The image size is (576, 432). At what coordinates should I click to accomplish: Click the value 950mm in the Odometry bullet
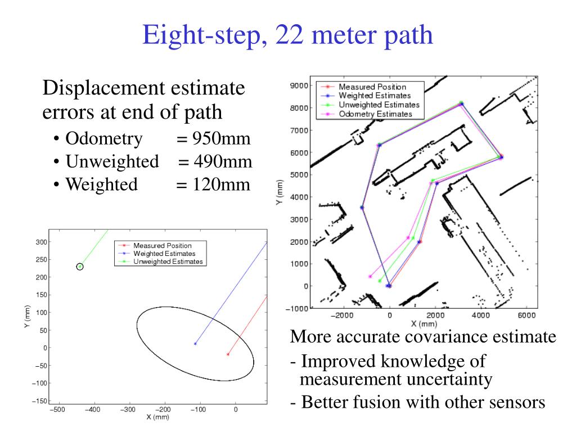221,139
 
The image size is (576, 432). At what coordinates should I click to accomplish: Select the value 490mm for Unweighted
223,162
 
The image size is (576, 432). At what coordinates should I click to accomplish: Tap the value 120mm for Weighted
221,184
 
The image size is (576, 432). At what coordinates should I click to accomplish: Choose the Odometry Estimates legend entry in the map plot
375,114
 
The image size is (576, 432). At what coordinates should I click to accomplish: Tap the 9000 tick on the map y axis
299,86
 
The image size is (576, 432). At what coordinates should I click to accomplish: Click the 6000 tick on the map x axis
526,315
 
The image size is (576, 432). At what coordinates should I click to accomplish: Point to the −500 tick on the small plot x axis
58,409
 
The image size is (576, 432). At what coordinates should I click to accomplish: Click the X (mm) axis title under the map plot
424,324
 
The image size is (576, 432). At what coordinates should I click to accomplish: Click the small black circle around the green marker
80,267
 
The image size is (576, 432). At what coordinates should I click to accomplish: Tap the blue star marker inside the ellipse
195,344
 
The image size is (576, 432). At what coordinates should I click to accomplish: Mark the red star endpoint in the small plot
227,354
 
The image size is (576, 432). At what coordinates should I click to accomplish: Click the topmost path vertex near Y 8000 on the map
461,103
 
